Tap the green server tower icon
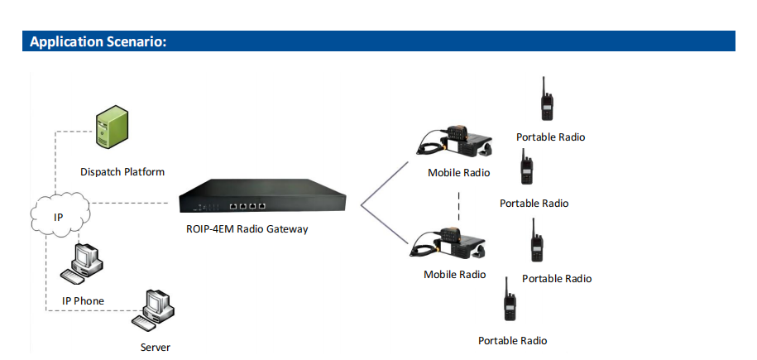(112, 127)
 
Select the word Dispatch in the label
(100, 172)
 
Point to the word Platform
(144, 171)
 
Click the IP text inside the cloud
(58, 218)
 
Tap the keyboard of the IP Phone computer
(74, 276)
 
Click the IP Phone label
(83, 301)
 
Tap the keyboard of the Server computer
(147, 323)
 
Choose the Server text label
(156, 347)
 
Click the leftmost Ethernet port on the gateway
(233, 206)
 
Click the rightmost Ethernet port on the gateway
(261, 206)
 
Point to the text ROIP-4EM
(209, 228)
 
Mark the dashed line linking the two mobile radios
(458, 205)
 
